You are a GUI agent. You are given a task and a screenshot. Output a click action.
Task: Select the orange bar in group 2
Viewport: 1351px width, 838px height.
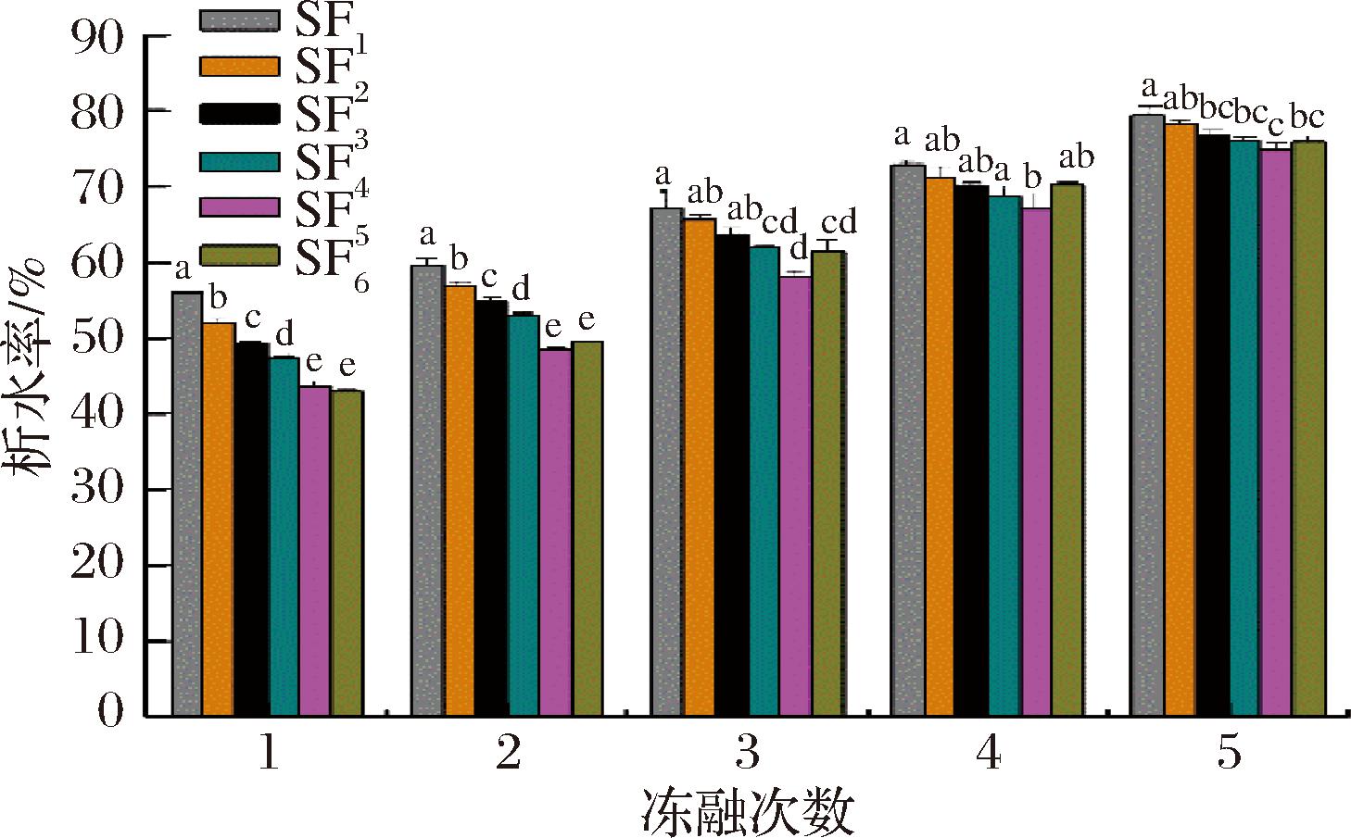tap(460, 501)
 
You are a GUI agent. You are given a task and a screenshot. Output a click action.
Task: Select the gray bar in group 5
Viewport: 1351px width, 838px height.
tap(1147, 416)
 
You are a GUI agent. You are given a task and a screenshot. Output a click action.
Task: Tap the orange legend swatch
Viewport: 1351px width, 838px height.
tap(239, 66)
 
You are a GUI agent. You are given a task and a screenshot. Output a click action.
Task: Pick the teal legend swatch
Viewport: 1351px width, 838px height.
tap(239, 160)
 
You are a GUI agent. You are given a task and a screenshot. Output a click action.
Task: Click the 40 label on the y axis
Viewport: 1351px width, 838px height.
tap(96, 414)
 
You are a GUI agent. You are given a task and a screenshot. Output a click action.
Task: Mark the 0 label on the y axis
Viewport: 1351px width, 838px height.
tap(110, 715)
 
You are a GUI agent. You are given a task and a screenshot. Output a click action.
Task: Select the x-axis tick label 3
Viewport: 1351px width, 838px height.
tap(748, 755)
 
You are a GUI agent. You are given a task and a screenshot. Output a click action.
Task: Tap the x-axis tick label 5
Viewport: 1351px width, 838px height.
tap(1228, 755)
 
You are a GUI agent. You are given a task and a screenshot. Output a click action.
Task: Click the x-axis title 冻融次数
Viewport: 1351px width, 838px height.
tap(747, 812)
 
